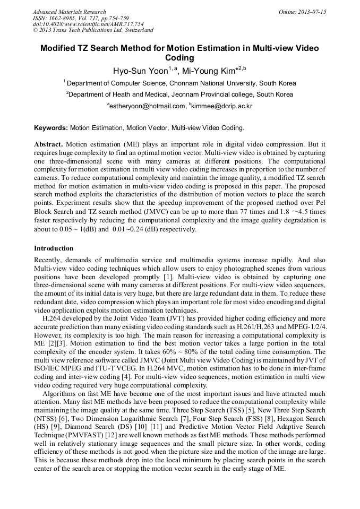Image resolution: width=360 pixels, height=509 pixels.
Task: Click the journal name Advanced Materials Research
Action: click(69, 11)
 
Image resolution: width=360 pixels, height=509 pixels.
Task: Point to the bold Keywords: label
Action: click(51, 128)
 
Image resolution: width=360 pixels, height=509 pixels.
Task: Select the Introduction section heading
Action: click(54, 248)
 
